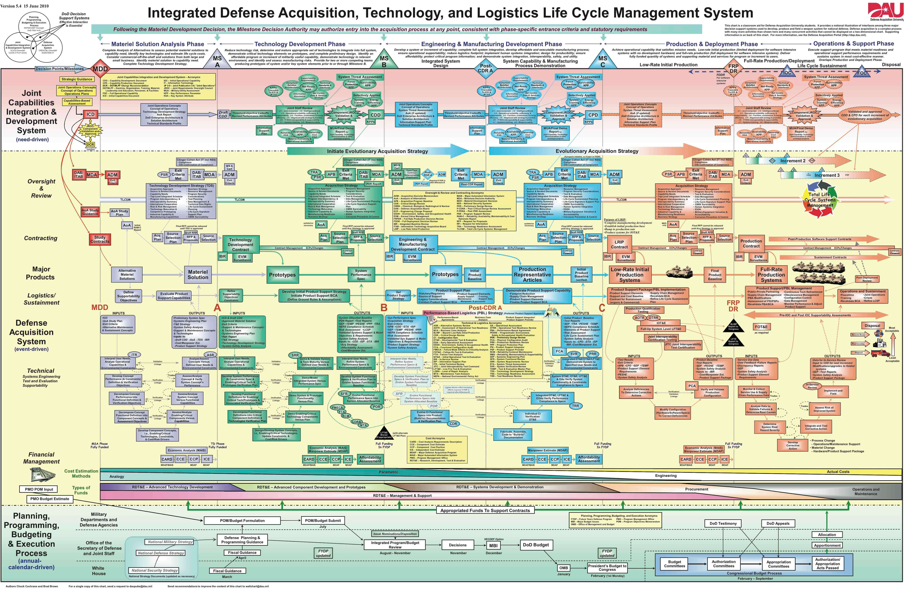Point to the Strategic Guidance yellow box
(x=77, y=79)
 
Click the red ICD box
(x=90, y=114)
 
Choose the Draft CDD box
(x=223, y=114)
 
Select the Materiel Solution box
(x=198, y=274)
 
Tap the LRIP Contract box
(x=619, y=244)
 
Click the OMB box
(x=564, y=568)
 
